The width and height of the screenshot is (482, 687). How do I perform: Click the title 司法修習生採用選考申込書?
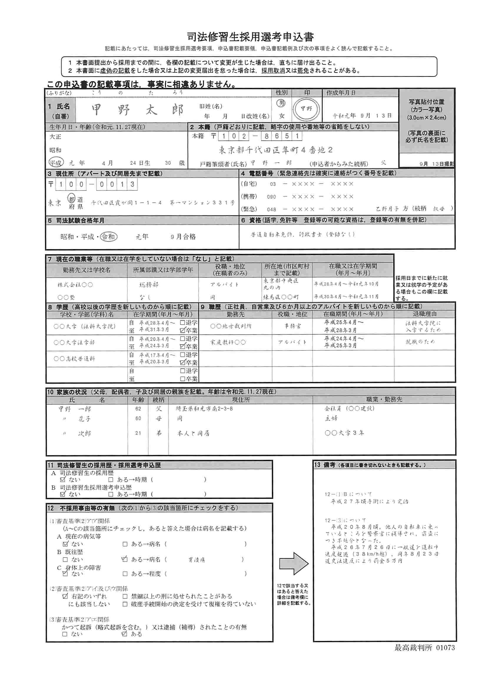point(250,37)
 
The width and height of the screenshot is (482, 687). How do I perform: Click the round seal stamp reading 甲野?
point(306,109)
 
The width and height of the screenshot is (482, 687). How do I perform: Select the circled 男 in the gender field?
point(281,103)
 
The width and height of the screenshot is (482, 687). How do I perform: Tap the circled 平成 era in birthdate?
point(56,162)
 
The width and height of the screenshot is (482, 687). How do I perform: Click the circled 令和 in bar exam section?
point(109,237)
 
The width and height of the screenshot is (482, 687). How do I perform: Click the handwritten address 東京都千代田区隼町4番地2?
point(275,150)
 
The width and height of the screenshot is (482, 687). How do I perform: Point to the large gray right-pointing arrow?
point(293,563)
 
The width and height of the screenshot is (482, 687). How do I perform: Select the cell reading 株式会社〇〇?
point(75,285)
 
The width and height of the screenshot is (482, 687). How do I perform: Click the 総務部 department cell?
point(149,285)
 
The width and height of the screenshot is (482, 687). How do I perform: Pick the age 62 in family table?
point(138,409)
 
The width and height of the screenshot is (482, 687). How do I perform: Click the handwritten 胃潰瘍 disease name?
point(197,560)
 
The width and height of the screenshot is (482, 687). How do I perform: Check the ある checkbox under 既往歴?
point(125,559)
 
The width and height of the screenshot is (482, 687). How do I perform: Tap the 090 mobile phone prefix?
point(271,197)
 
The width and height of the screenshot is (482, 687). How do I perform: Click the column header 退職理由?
point(424,314)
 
